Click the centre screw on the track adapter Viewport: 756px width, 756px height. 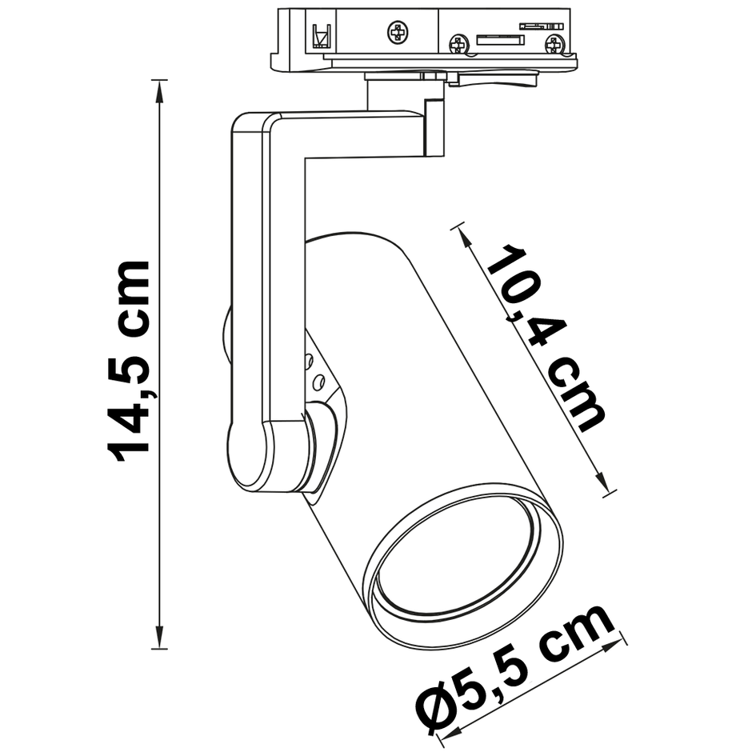coord(397,33)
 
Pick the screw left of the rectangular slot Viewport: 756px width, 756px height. coord(459,43)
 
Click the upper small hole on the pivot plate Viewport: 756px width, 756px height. coord(307,361)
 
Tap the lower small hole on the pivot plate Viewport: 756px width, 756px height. coord(318,379)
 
